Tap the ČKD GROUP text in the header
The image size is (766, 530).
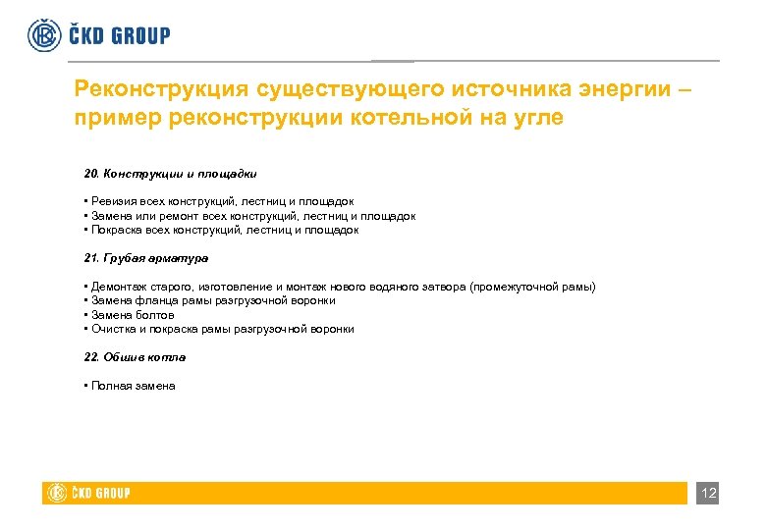tap(119, 35)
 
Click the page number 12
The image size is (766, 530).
tap(708, 493)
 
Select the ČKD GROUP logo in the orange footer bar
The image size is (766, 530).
tap(88, 493)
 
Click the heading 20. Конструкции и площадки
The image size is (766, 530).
tap(170, 173)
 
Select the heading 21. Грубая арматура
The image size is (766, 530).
tap(145, 258)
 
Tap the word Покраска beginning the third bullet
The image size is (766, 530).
tap(117, 230)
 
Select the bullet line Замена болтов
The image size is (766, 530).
tap(132, 315)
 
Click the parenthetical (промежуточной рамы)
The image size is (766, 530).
tap(531, 287)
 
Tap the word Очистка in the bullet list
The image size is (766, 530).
tap(114, 330)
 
